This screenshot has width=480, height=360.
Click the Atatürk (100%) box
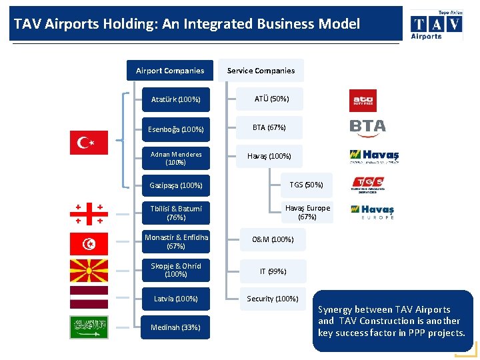coord(175,100)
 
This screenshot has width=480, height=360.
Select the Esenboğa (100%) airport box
coord(175,129)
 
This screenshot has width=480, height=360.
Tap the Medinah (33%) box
coord(175,327)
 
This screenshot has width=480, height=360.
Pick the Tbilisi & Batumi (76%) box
coord(175,213)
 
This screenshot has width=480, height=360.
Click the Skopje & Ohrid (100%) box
coord(175,270)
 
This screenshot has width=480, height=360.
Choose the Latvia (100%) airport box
coord(175,299)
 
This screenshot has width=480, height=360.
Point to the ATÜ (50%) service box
coord(271,99)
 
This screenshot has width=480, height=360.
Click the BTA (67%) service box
coord(269,127)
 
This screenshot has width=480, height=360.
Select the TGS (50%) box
coord(306,185)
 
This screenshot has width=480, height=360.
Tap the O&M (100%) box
coord(272,239)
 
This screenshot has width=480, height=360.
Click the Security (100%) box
coord(272,299)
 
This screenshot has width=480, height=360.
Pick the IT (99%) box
coord(273,271)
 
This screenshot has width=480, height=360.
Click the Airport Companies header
coord(170,71)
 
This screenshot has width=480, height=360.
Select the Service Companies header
coord(261,71)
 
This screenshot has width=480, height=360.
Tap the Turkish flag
coord(89,143)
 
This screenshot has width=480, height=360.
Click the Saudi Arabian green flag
coord(89,327)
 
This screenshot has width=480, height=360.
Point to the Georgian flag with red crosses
coord(89,213)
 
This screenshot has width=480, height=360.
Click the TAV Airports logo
coord(435,25)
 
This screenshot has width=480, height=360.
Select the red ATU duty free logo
coord(363,101)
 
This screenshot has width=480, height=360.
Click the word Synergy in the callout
coord(337,309)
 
